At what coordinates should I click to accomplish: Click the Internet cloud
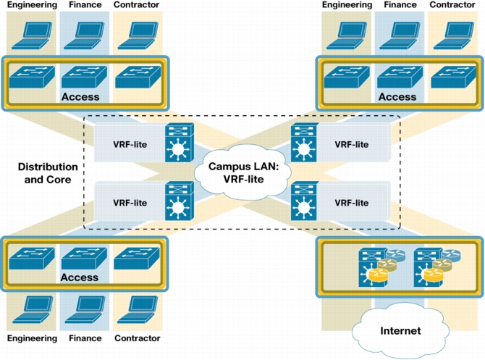pyautogui.click(x=400, y=331)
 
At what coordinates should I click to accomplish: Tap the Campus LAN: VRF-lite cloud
pyautogui.click(x=243, y=172)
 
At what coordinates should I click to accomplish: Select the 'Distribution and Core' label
pyautogui.click(x=48, y=173)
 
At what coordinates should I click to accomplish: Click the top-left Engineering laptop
pyautogui.click(x=32, y=35)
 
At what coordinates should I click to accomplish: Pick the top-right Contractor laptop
pyautogui.click(x=454, y=35)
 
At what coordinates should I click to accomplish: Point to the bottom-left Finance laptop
pyautogui.click(x=85, y=309)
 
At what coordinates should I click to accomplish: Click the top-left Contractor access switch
pyautogui.click(x=138, y=77)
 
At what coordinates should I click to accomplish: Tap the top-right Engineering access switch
pyautogui.click(x=347, y=77)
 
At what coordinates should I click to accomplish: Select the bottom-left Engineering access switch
pyautogui.click(x=32, y=258)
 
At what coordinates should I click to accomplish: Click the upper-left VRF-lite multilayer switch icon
pyautogui.click(x=180, y=143)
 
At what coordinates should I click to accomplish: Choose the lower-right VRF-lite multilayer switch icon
pyautogui.click(x=305, y=201)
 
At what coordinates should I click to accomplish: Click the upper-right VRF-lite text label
pyautogui.click(x=351, y=145)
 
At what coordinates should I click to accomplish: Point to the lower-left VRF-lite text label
pyautogui.click(x=130, y=203)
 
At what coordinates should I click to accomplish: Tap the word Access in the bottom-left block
pyautogui.click(x=80, y=277)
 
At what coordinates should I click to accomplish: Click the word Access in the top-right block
pyautogui.click(x=397, y=97)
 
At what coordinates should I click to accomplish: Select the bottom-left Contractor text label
pyautogui.click(x=138, y=338)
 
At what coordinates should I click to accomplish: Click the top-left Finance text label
pyautogui.click(x=85, y=4)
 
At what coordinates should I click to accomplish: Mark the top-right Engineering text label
pyautogui.click(x=347, y=4)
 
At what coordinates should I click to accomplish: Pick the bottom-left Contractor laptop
pyautogui.click(x=138, y=309)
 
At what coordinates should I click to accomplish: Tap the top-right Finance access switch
pyautogui.click(x=400, y=77)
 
